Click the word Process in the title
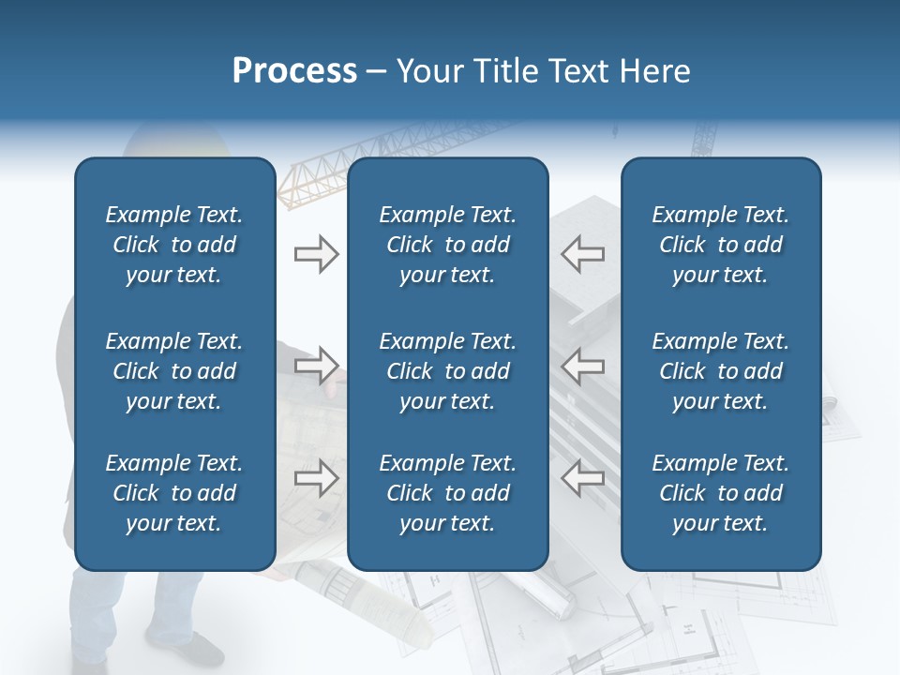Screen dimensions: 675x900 click(x=294, y=70)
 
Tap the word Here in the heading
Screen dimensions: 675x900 click(x=653, y=70)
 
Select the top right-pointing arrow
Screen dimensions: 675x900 click(x=316, y=253)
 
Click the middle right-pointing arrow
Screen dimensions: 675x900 click(x=316, y=365)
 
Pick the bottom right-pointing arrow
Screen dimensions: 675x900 click(x=316, y=477)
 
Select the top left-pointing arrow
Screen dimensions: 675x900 click(x=583, y=253)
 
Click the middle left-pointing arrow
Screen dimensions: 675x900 click(x=583, y=365)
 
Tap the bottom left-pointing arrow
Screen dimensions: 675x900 click(x=583, y=477)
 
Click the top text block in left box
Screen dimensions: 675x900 click(x=174, y=245)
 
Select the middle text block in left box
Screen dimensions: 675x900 click(x=174, y=371)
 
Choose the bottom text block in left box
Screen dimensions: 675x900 click(x=174, y=493)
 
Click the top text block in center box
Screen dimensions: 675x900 click(x=447, y=245)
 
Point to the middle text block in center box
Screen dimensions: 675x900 click(x=447, y=371)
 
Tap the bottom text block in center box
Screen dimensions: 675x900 click(x=447, y=493)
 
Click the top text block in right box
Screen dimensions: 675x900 click(x=720, y=245)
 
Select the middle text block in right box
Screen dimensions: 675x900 click(x=720, y=371)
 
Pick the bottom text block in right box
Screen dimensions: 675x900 click(x=720, y=493)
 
